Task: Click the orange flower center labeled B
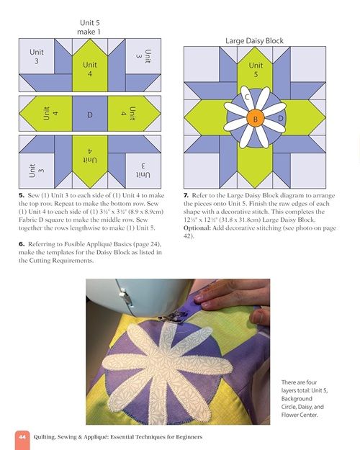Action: point(255,118)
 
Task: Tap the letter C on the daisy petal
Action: point(247,98)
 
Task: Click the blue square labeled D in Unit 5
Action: point(90,114)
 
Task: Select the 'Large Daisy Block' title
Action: point(254,41)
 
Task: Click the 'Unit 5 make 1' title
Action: point(89,27)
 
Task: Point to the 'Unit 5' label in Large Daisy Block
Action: point(256,70)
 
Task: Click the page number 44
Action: point(22,437)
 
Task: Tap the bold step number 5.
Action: point(22,196)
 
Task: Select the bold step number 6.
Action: point(22,244)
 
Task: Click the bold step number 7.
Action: point(186,196)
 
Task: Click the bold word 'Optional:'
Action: point(197,228)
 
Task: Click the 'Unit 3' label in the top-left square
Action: point(37,56)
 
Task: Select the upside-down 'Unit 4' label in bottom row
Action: point(90,156)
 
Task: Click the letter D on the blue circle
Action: point(281,118)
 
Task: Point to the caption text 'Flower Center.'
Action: point(300,415)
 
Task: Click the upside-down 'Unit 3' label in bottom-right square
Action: point(143,171)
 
